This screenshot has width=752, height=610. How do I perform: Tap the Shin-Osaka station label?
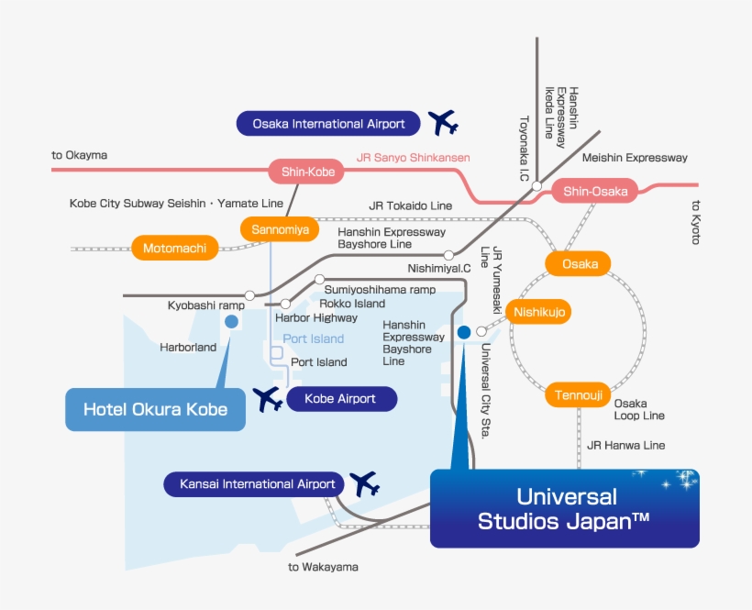[x=595, y=191]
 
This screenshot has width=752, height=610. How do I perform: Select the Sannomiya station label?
[x=280, y=229]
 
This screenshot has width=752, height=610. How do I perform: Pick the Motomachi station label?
[x=175, y=248]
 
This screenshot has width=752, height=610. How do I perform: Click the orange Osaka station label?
[x=580, y=264]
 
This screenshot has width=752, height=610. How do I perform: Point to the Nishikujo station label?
[x=541, y=313]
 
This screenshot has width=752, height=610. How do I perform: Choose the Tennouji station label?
[x=578, y=395]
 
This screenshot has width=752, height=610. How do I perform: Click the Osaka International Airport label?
[x=328, y=123]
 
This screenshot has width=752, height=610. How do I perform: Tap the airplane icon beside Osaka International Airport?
[x=443, y=122]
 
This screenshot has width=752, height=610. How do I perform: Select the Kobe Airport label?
[x=340, y=399]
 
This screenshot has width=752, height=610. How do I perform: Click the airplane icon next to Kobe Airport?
[x=268, y=399]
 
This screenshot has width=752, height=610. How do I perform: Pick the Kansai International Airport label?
[x=256, y=484]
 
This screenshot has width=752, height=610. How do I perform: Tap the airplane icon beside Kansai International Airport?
[x=365, y=483]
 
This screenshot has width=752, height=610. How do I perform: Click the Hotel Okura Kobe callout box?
[x=155, y=409]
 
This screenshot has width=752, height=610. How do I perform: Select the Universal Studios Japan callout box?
[x=564, y=509]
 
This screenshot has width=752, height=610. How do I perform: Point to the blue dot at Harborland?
[x=231, y=321]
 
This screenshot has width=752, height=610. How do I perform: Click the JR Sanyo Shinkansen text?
[x=413, y=158]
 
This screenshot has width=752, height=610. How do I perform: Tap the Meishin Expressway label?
[x=635, y=158]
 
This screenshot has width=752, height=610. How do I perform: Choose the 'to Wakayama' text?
[x=323, y=567]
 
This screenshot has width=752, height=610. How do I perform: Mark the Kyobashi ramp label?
[x=205, y=305]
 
